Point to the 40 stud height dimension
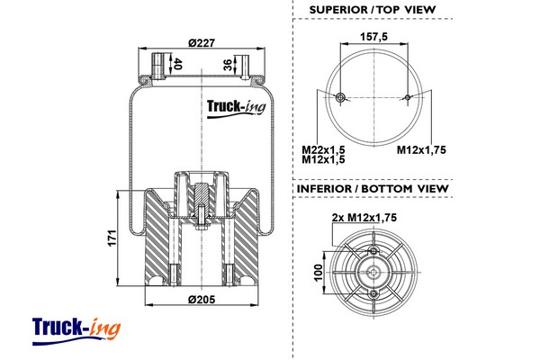click(x=177, y=65)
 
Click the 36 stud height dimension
click(x=227, y=65)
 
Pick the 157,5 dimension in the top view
click(x=373, y=37)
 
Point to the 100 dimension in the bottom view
click(x=318, y=273)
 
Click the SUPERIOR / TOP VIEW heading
click(x=372, y=10)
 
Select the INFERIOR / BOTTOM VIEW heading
click(x=372, y=190)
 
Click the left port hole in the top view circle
click(x=339, y=97)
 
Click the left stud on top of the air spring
click(x=160, y=67)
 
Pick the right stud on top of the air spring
click(x=241, y=67)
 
